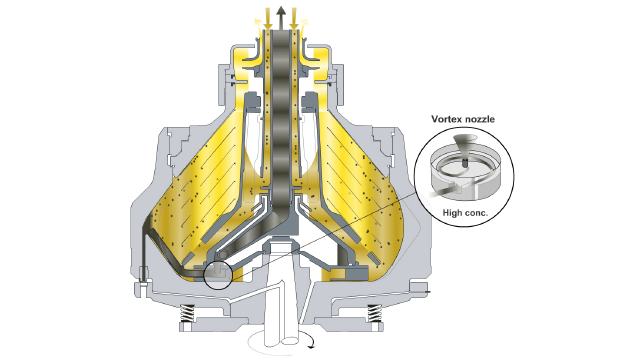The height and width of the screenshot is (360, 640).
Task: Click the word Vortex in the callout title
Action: tap(448, 119)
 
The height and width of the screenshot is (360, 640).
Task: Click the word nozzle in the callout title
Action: tap(481, 119)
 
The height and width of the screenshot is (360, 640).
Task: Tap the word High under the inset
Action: tap(452, 213)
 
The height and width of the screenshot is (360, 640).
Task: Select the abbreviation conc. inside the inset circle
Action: tap(476, 213)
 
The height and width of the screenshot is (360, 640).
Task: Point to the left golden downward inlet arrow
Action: tap(268, 19)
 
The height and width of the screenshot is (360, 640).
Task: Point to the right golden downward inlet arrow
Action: tap(294, 19)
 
